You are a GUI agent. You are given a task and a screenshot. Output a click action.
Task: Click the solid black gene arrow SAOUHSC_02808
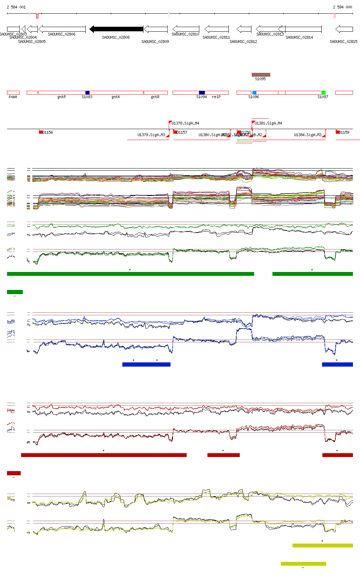point(116,29)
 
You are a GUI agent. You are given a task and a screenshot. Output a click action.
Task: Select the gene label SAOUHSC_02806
point(62,34)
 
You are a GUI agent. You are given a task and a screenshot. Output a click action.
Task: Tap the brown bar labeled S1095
point(261,75)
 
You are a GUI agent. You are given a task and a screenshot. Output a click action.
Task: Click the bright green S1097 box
point(323,93)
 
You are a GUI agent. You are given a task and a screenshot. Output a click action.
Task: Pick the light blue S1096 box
point(254,93)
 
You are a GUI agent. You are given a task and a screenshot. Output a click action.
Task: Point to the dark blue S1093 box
point(88,93)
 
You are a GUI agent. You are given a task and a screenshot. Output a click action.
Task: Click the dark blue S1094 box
point(202,93)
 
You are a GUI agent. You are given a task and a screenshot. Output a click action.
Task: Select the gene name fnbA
point(13,97)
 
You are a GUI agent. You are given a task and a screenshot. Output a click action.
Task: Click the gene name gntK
point(116,97)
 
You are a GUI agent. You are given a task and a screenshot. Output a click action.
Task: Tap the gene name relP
point(216,97)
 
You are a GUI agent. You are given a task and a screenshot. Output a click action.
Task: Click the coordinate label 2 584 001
point(16,7)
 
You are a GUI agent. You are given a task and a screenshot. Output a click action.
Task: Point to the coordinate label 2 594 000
point(342,7)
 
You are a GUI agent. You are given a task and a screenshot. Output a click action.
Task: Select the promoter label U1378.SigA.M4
point(185,123)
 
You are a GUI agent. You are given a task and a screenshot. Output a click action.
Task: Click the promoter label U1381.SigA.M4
point(268,123)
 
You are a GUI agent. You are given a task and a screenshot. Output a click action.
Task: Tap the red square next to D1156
point(41,132)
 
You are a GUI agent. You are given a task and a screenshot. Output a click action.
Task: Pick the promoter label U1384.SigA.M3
point(308,135)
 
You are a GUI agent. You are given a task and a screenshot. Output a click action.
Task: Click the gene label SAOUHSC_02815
point(343,42)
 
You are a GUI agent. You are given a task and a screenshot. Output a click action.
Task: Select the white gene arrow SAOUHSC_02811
point(217,29)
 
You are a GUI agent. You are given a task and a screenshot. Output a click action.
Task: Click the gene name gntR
point(155,97)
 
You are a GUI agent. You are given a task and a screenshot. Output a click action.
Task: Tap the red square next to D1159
point(337,132)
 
